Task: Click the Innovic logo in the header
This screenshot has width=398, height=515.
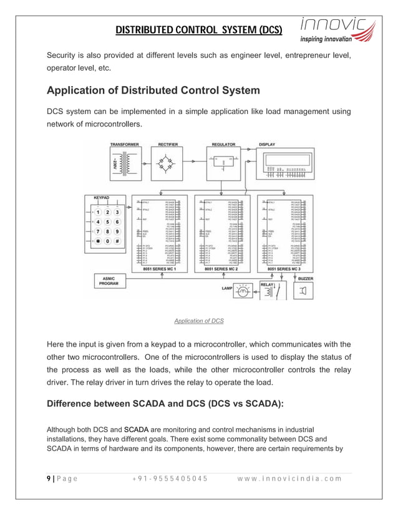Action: pos(337,29)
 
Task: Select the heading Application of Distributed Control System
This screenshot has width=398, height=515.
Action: pos(153,90)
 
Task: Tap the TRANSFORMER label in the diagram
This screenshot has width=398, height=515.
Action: pos(125,145)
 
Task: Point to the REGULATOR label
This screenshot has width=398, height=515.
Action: pos(223,145)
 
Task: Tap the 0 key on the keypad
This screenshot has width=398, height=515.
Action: pos(107,241)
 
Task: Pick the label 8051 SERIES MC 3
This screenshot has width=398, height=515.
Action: pos(286,269)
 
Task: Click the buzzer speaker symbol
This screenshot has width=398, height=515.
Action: pos(304,291)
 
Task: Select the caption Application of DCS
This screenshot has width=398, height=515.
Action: pos(199,321)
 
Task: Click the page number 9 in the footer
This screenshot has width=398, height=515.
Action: pos(49,479)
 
